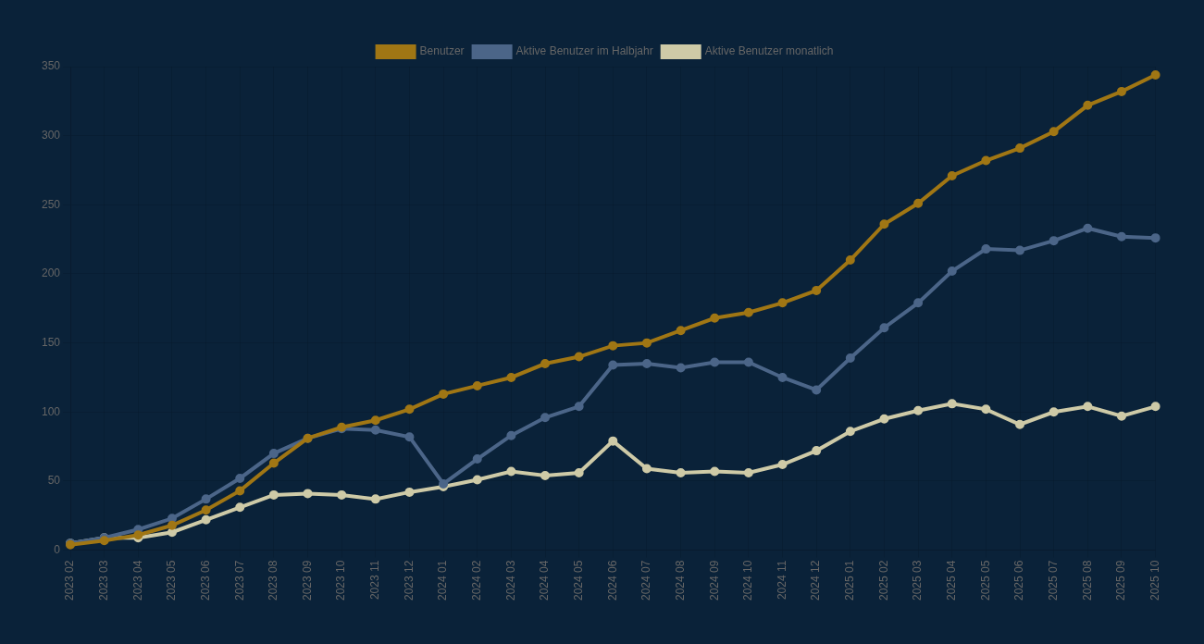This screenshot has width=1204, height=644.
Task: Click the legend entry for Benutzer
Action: click(x=420, y=51)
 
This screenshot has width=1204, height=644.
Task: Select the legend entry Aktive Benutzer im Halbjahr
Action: click(x=563, y=51)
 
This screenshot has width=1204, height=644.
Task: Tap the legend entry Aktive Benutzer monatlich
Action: click(x=747, y=51)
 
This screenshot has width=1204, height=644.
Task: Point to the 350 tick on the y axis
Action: click(x=51, y=66)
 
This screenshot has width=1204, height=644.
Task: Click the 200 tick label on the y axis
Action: click(x=51, y=273)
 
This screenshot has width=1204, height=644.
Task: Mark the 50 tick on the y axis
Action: click(x=54, y=480)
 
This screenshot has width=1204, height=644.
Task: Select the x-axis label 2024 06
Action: click(x=613, y=580)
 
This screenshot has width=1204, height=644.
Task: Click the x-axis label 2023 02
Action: click(x=69, y=580)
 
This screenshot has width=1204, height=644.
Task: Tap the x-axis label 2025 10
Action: click(x=1155, y=580)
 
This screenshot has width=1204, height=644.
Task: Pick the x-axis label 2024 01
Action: click(x=442, y=580)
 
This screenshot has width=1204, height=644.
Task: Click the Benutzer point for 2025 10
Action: click(x=1155, y=75)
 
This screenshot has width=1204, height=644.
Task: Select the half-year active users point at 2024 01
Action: click(x=443, y=484)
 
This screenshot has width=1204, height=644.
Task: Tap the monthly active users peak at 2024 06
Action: click(x=613, y=441)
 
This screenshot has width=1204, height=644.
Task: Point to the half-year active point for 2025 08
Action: click(x=1087, y=229)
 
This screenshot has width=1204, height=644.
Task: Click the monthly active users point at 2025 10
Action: click(x=1155, y=406)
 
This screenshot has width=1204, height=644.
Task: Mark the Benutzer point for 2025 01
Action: click(x=850, y=260)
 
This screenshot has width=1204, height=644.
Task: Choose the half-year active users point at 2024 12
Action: click(x=816, y=390)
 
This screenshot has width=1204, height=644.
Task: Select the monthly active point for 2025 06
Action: click(x=1020, y=425)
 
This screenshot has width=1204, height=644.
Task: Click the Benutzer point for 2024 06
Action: click(x=613, y=346)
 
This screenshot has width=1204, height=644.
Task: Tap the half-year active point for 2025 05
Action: click(x=986, y=249)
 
